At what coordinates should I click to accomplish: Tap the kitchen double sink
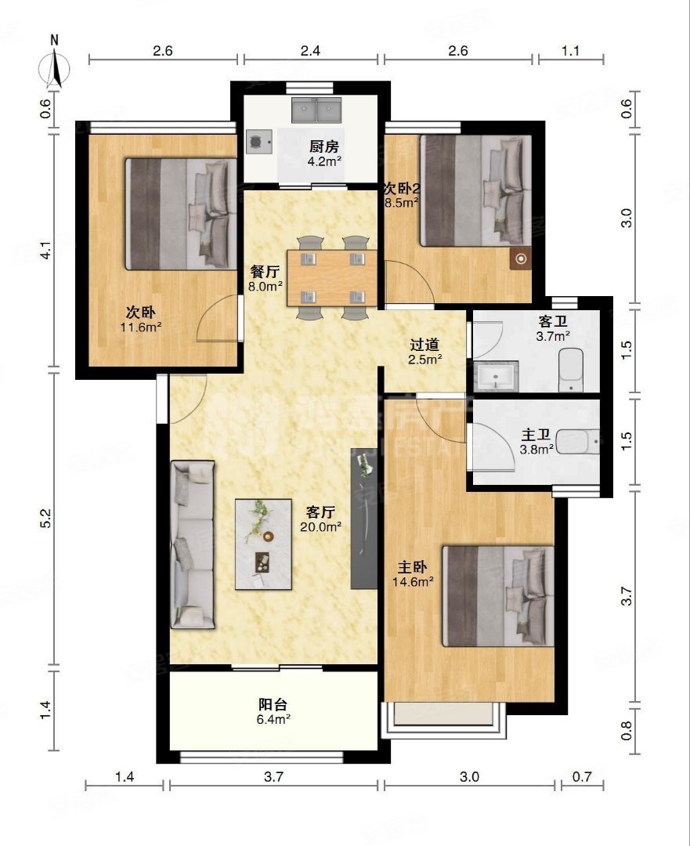(318, 110)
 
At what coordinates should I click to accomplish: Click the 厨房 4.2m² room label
(324, 154)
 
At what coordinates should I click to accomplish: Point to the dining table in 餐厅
(332, 278)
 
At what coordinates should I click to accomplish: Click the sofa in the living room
(193, 544)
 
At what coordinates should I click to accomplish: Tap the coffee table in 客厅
(264, 544)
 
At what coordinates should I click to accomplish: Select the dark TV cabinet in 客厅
(363, 519)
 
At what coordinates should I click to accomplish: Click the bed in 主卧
(498, 596)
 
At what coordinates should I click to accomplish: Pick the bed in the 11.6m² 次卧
(181, 214)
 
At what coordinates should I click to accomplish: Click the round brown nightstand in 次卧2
(521, 259)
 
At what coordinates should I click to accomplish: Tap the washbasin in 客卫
(496, 376)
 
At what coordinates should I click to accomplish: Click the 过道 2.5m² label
(424, 352)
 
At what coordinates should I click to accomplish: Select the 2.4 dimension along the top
(310, 51)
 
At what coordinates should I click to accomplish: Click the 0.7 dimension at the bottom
(582, 777)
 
